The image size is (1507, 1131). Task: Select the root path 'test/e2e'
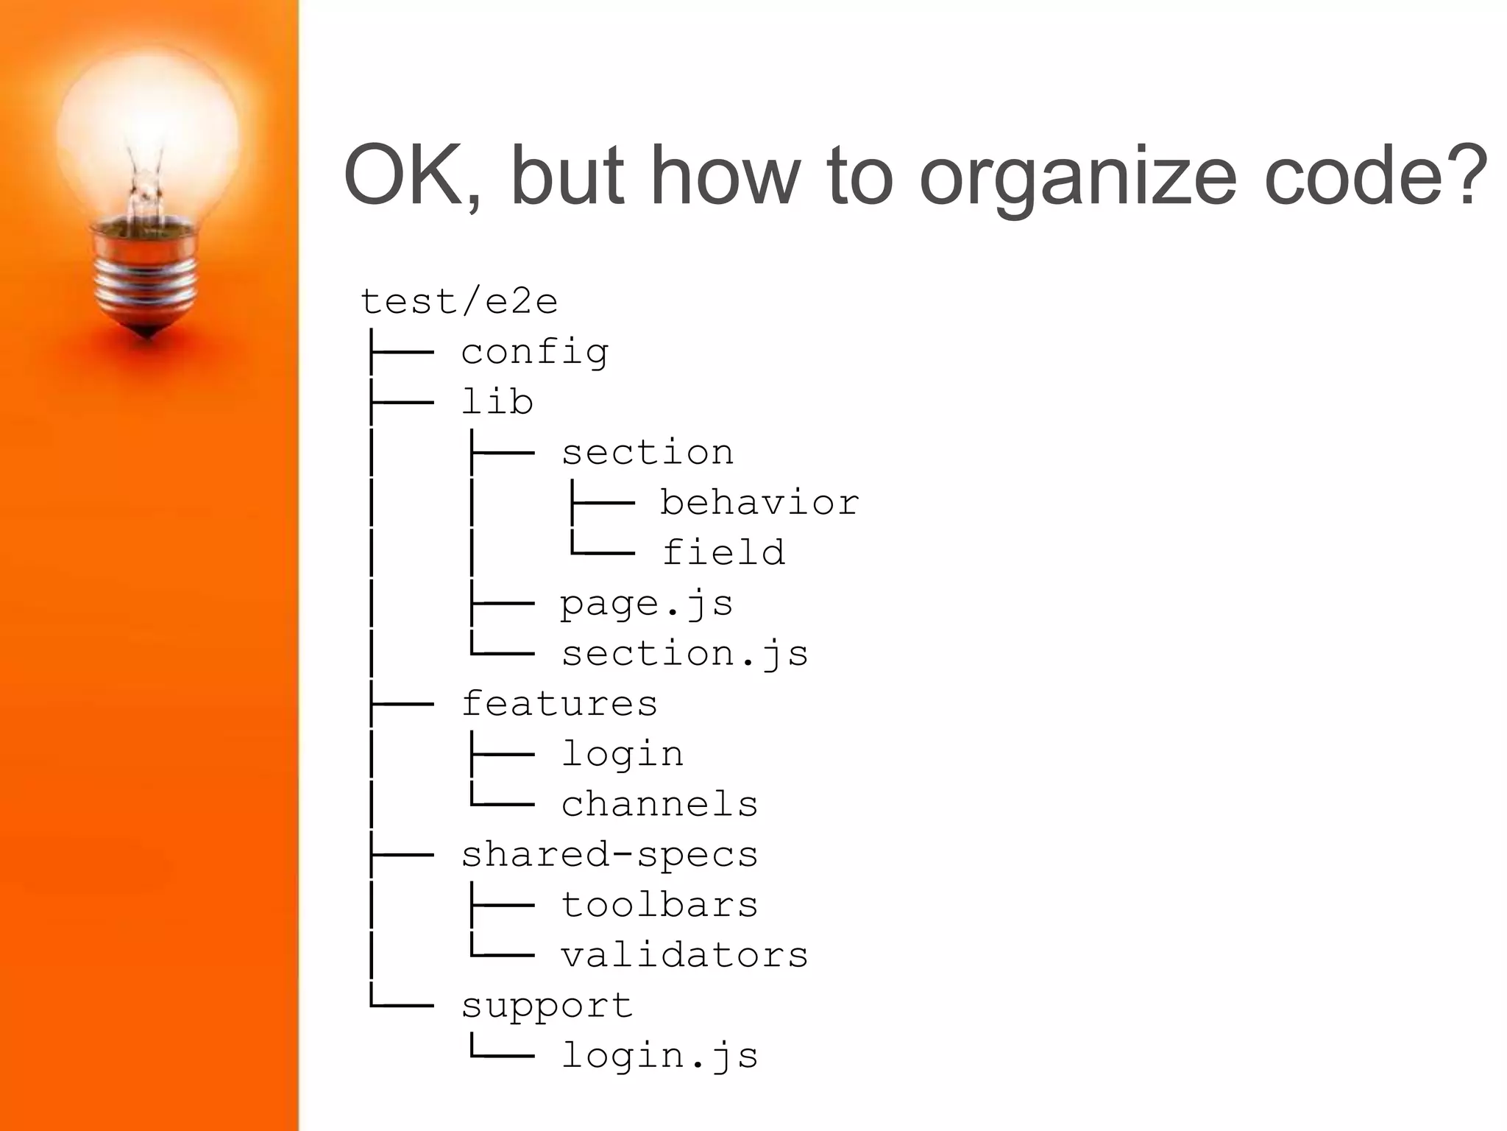click(x=459, y=301)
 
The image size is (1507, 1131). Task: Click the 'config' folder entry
click(x=535, y=352)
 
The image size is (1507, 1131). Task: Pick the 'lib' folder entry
click(x=497, y=402)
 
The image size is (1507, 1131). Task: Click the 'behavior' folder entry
click(x=759, y=503)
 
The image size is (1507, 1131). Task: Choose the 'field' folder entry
click(x=723, y=553)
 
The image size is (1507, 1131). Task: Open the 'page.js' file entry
click(x=646, y=604)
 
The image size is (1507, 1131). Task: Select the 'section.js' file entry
click(x=684, y=654)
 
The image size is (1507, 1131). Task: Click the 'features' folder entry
click(x=559, y=704)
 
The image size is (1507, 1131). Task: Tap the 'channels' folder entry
click(x=659, y=804)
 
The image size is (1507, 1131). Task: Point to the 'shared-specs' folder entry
click(x=609, y=855)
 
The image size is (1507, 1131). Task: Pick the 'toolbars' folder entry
click(x=659, y=905)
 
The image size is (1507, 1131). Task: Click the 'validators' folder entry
click(x=684, y=955)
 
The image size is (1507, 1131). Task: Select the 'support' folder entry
click(x=547, y=1006)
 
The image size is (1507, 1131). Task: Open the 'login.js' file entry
click(x=659, y=1056)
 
